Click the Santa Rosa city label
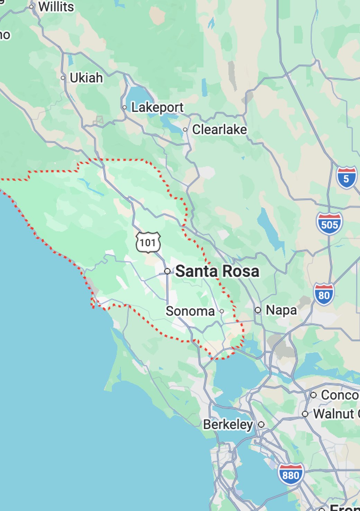(x=217, y=271)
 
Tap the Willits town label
(x=56, y=7)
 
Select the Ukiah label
(x=86, y=78)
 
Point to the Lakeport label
(x=157, y=107)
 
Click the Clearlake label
(x=219, y=129)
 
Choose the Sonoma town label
(x=190, y=311)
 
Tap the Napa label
(x=281, y=310)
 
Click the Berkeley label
(x=228, y=424)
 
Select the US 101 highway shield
(x=148, y=242)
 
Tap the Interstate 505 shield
(x=329, y=224)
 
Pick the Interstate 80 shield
(x=324, y=294)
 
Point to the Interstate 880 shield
(x=291, y=474)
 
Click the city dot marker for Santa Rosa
(x=167, y=271)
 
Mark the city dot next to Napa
(x=258, y=310)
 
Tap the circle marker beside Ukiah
(x=63, y=78)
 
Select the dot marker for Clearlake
(x=185, y=129)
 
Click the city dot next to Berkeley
(x=261, y=424)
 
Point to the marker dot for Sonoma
(x=222, y=311)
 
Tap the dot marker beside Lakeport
(x=125, y=107)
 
